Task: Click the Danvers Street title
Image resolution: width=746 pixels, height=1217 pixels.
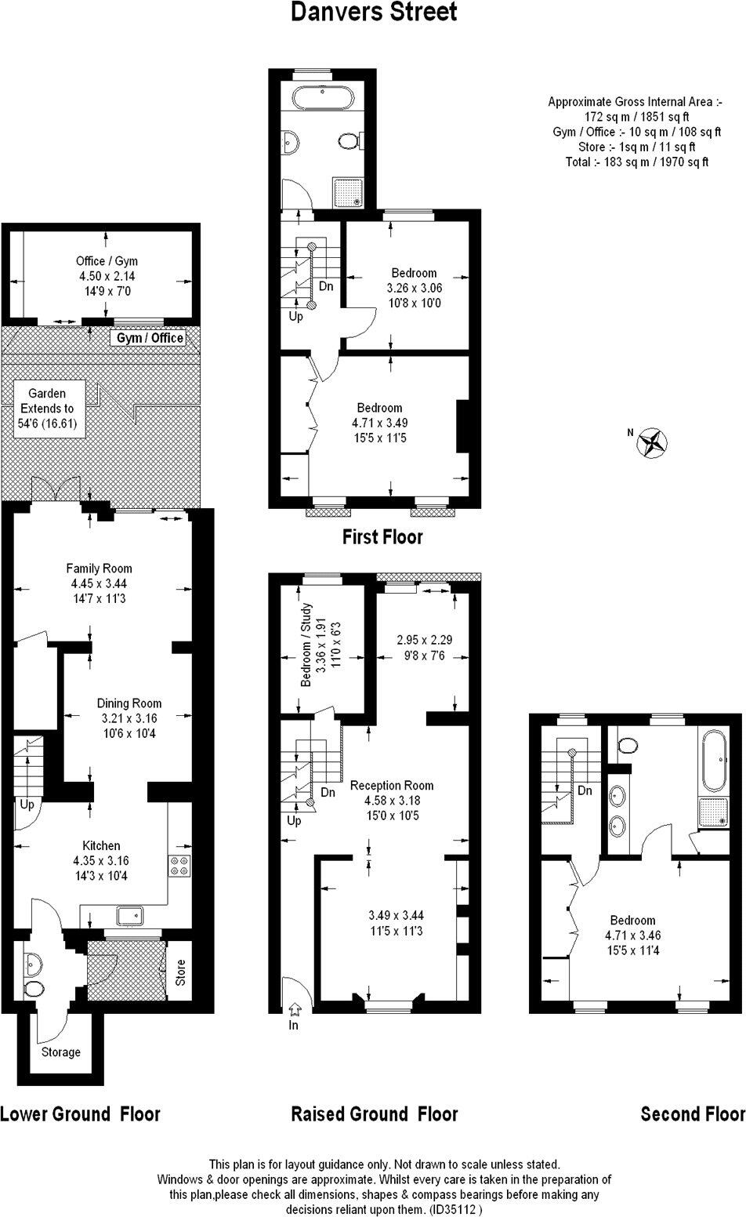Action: pyautogui.click(x=374, y=13)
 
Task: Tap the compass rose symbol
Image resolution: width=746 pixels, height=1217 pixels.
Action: pyautogui.click(x=651, y=442)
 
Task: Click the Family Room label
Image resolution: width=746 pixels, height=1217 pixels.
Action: pyautogui.click(x=99, y=569)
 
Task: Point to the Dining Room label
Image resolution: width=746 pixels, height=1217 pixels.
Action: pyautogui.click(x=129, y=703)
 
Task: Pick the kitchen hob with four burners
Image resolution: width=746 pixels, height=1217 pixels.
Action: pyautogui.click(x=179, y=865)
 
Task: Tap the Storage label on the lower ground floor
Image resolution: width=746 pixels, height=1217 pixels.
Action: pyautogui.click(x=60, y=1052)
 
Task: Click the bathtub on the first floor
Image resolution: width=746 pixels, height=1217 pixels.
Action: pyautogui.click(x=324, y=99)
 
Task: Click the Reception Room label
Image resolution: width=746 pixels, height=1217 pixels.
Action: pyautogui.click(x=392, y=786)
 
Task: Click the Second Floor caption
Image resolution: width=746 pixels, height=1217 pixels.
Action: pyautogui.click(x=692, y=1114)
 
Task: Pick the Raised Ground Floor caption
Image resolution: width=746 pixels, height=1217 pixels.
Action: pyautogui.click(x=374, y=1114)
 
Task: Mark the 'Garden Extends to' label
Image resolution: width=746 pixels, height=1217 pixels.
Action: pyautogui.click(x=48, y=401)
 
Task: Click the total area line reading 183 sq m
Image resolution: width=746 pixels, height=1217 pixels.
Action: pyautogui.click(x=636, y=162)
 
